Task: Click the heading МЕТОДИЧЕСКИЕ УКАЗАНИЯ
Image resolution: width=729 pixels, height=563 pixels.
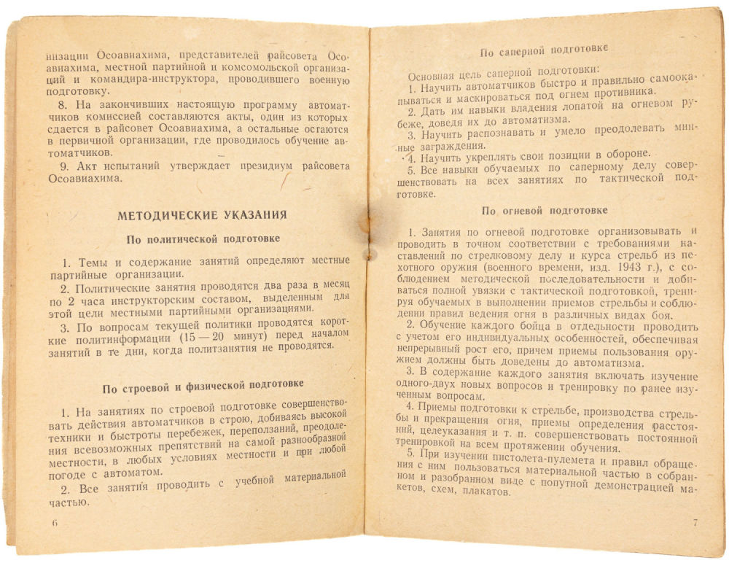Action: [202, 215]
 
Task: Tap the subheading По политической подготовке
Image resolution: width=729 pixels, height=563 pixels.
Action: [203, 239]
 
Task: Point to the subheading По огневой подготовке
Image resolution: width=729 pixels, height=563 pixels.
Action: [545, 211]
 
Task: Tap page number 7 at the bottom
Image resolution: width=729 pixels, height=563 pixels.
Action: [695, 522]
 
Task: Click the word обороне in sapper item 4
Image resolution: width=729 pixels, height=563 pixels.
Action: [623, 154]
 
